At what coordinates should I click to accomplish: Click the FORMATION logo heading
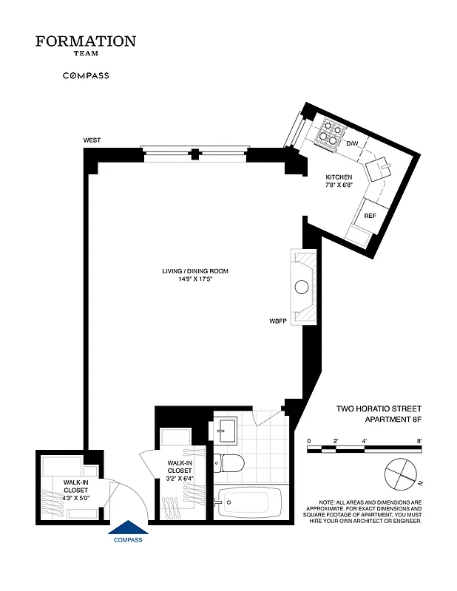tap(86, 41)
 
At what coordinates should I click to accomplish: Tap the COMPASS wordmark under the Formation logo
tap(86, 75)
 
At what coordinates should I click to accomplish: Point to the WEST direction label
tap(92, 140)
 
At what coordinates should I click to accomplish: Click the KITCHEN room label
tap(339, 177)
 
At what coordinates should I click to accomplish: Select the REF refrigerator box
tap(370, 215)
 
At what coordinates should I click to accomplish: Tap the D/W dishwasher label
tap(352, 143)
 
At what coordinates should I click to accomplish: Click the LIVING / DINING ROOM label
tap(195, 271)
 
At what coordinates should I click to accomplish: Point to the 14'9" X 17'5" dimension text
tap(195, 280)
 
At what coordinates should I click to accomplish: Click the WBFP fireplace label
tap(277, 321)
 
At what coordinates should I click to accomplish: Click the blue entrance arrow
tap(128, 527)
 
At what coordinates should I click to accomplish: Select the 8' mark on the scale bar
tap(419, 441)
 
